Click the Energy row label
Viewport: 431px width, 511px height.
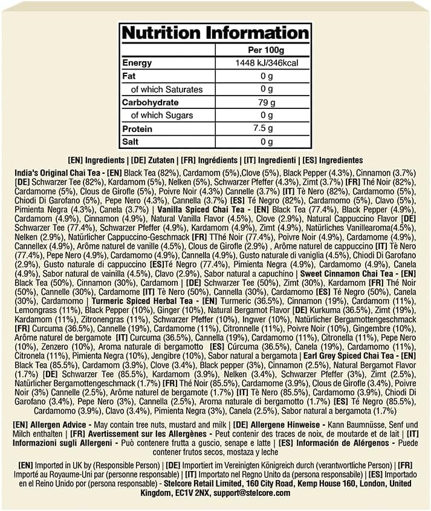tap(137, 63)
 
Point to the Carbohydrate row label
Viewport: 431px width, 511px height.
tap(150, 102)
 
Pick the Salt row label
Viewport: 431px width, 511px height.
tap(132, 142)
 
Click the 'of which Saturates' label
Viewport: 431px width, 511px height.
tap(167, 89)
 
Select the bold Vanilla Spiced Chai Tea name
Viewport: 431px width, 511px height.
tap(197, 209)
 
